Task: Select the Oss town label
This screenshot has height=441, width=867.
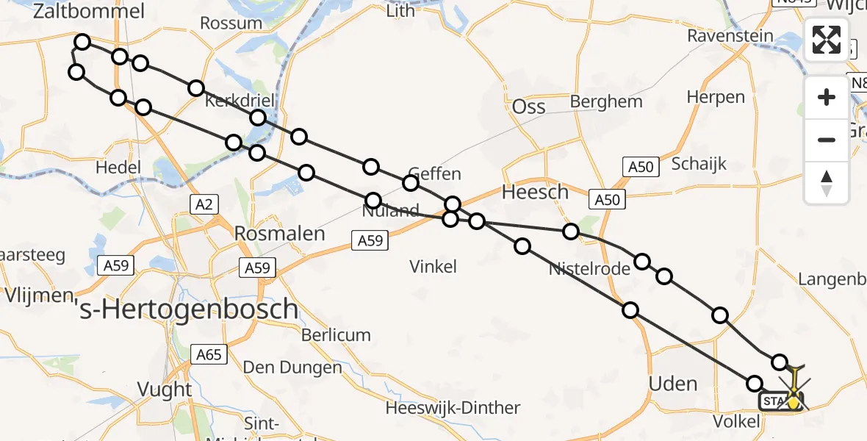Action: pyautogui.click(x=528, y=107)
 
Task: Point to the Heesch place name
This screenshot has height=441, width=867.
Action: pyautogui.click(x=535, y=193)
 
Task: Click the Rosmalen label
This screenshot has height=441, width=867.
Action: pyautogui.click(x=279, y=234)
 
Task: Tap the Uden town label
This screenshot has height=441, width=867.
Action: pyautogui.click(x=674, y=383)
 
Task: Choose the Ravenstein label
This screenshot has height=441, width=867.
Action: pyautogui.click(x=730, y=36)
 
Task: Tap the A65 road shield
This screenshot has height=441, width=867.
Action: pyautogui.click(x=208, y=355)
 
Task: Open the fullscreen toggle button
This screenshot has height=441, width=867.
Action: pyautogui.click(x=827, y=39)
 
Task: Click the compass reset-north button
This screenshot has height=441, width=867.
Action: pyautogui.click(x=827, y=182)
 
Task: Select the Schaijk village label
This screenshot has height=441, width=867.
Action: pyautogui.click(x=698, y=163)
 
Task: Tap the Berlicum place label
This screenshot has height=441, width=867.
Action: pyautogui.click(x=337, y=335)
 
